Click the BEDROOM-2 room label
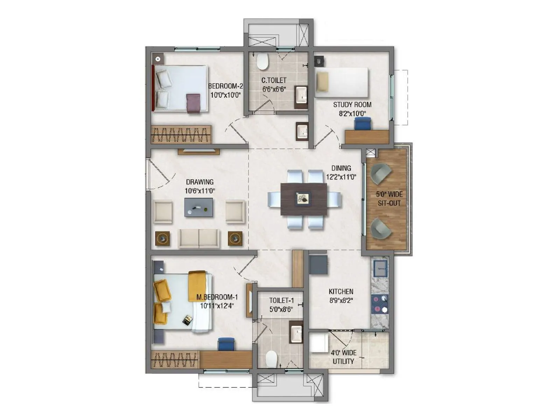225,86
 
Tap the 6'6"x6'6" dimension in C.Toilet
274,89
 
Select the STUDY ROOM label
352,105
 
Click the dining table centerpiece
303,199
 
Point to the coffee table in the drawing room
198,207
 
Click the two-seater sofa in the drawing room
199,238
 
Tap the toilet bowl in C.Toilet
262,61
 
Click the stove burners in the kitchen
380,304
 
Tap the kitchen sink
380,269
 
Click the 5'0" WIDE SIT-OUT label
389,198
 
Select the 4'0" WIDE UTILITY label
343,357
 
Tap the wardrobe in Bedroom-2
181,134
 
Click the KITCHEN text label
341,291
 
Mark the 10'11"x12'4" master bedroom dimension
217,306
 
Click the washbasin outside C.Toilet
302,132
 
